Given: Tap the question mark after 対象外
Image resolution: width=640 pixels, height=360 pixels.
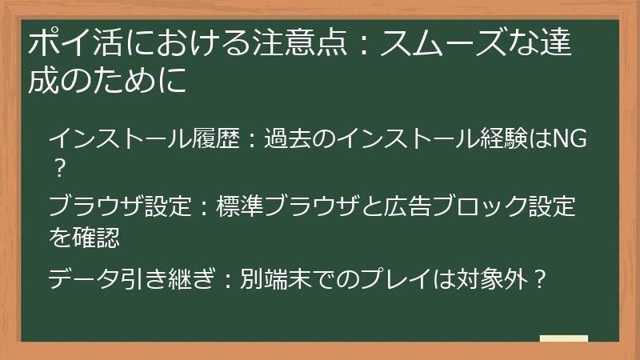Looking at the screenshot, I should pos(541,279).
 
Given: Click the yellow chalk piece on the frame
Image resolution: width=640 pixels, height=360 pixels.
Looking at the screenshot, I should pos(564,339).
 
